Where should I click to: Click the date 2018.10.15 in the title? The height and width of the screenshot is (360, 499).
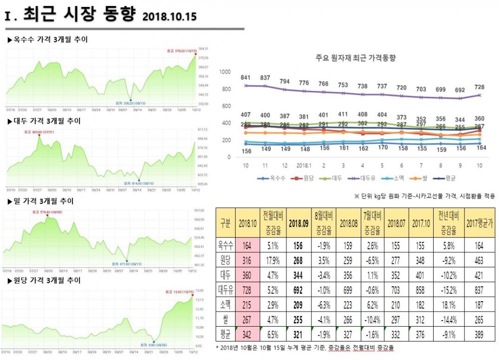pyautogui.click(x=169, y=17)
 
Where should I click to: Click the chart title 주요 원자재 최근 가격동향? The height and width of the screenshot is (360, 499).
pyautogui.click(x=356, y=58)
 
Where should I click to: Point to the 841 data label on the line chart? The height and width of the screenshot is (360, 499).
pyautogui.click(x=246, y=78)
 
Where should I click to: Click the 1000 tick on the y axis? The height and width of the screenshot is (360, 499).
pyautogui.click(x=225, y=72)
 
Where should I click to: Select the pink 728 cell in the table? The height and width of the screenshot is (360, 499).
pyautogui.click(x=246, y=289)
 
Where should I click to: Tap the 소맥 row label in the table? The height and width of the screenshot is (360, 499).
pyautogui.click(x=225, y=304)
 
